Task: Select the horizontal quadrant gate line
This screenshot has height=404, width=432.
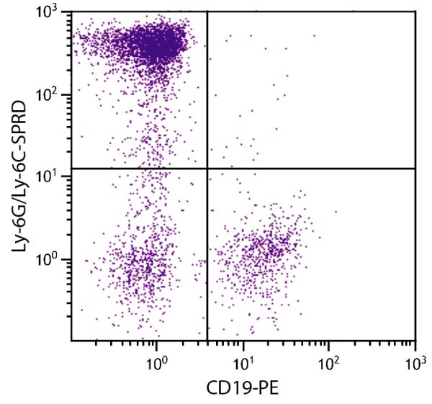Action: pos(317,169)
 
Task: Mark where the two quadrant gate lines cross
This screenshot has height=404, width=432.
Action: pos(207,169)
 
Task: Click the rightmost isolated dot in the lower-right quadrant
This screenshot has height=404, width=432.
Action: pos(336,211)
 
